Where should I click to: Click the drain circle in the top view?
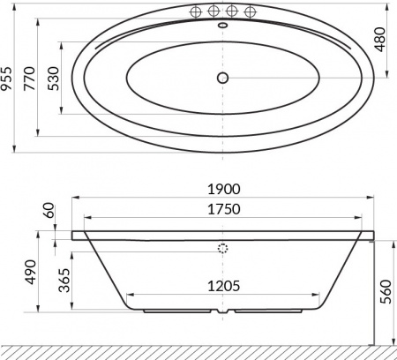point(222,78)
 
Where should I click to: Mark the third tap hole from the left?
point(232,12)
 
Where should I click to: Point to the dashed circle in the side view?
point(222,248)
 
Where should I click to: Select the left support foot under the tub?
point(176,311)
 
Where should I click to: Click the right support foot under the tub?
point(268,311)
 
